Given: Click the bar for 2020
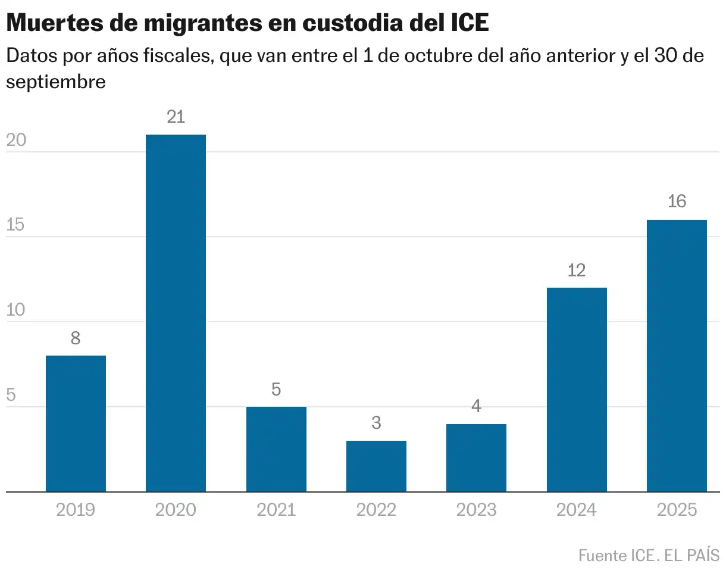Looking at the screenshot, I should pyautogui.click(x=176, y=313).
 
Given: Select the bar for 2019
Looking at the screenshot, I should pyautogui.click(x=76, y=423).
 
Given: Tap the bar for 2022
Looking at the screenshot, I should pyautogui.click(x=376, y=466).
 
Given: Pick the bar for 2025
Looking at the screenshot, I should pyautogui.click(x=677, y=356).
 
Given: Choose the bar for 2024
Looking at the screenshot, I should pyautogui.click(x=577, y=390).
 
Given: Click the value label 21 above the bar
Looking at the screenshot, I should pyautogui.click(x=176, y=117).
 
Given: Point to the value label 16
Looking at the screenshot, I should pyautogui.click(x=677, y=202).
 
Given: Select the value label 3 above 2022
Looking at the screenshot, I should pyautogui.click(x=376, y=423).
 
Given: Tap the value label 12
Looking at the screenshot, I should pyautogui.click(x=577, y=270).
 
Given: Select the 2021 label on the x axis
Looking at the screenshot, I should pyautogui.click(x=276, y=510).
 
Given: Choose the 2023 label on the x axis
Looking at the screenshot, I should pyautogui.click(x=476, y=510).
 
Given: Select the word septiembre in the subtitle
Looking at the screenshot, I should pyautogui.click(x=56, y=82).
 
